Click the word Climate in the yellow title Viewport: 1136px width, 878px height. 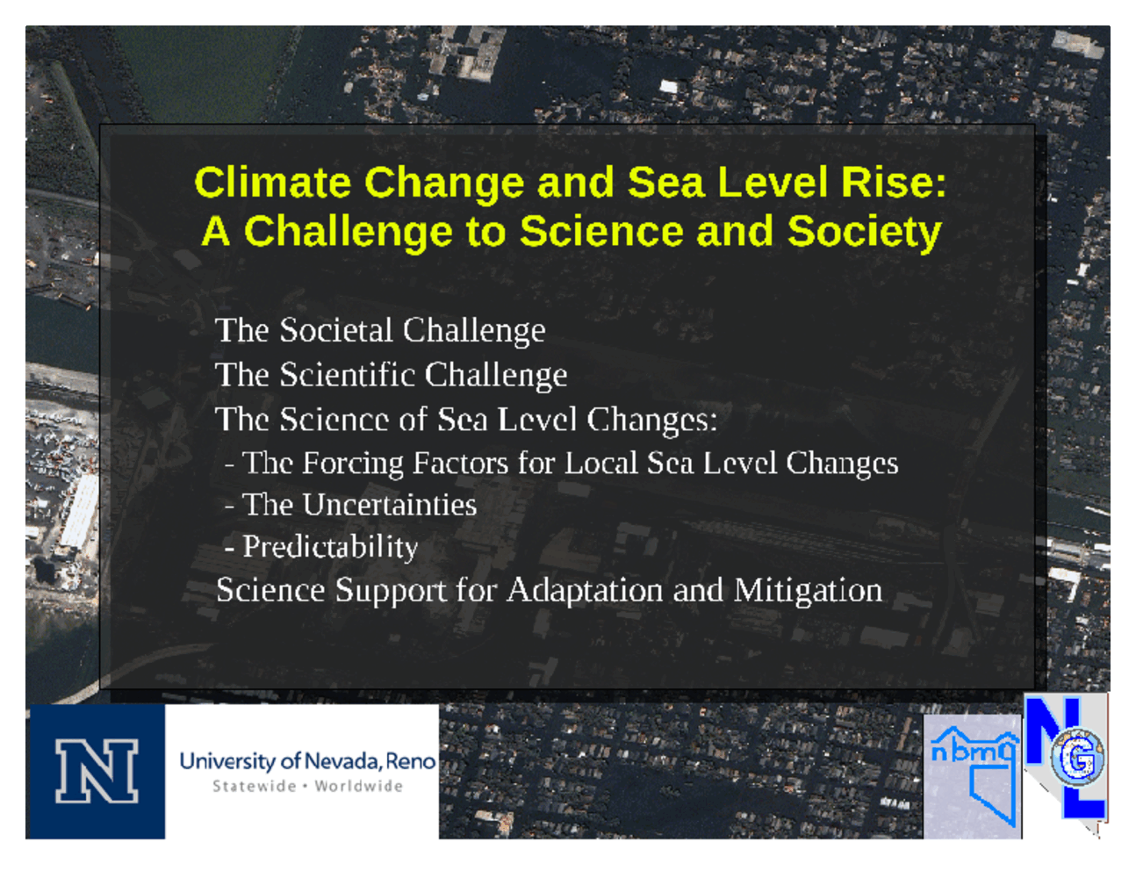pyautogui.click(x=272, y=183)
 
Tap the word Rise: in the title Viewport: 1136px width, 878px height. pyautogui.click(x=894, y=183)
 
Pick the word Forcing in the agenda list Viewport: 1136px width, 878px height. pyautogui.click(x=353, y=464)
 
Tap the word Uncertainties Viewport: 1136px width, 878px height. pyautogui.click(x=390, y=505)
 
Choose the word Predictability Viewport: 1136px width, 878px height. pyautogui.click(x=330, y=547)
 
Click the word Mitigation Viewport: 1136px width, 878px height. pyautogui.click(x=808, y=591)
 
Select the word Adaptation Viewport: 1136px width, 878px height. pyautogui.click(x=585, y=591)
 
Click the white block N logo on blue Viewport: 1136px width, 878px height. pyautogui.click(x=97, y=771)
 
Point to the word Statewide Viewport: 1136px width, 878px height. pyautogui.click(x=254, y=786)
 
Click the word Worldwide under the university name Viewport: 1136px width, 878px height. pyautogui.click(x=359, y=786)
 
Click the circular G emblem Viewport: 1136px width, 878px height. pyautogui.click(x=1078, y=757)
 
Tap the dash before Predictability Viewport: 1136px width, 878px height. pyautogui.click(x=229, y=548)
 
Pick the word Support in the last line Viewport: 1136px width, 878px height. pyautogui.click(x=391, y=591)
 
